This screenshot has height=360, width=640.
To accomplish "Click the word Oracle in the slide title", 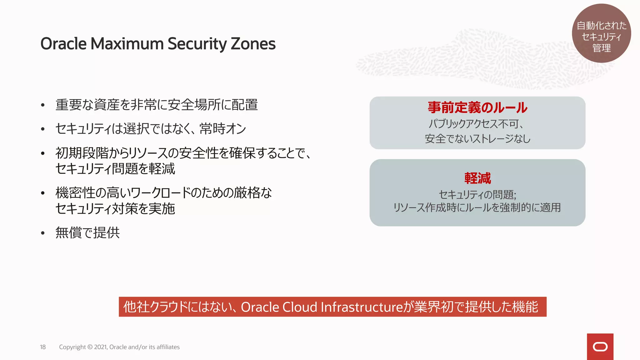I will (63, 44).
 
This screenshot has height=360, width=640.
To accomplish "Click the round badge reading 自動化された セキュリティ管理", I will (601, 33).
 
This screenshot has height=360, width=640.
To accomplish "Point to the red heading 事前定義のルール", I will (477, 107).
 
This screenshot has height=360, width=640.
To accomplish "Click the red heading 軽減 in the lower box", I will (477, 178).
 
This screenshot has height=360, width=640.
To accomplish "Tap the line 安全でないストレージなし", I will (477, 138).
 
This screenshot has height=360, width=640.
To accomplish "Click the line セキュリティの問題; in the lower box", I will (477, 195).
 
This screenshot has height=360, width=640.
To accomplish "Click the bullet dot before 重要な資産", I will (43, 105).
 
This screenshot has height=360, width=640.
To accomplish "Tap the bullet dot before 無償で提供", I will (43, 233).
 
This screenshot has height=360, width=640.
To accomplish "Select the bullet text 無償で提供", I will (87, 233).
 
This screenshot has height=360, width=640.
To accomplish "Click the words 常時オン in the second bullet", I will (223, 129).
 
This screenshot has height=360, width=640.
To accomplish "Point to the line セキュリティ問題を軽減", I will (115, 169).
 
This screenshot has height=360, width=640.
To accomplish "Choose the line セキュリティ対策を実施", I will (115, 209).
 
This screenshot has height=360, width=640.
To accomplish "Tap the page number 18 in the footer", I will (43, 347).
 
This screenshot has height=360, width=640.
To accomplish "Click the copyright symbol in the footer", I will (90, 347).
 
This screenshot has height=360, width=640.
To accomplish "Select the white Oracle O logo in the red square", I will (600, 347).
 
